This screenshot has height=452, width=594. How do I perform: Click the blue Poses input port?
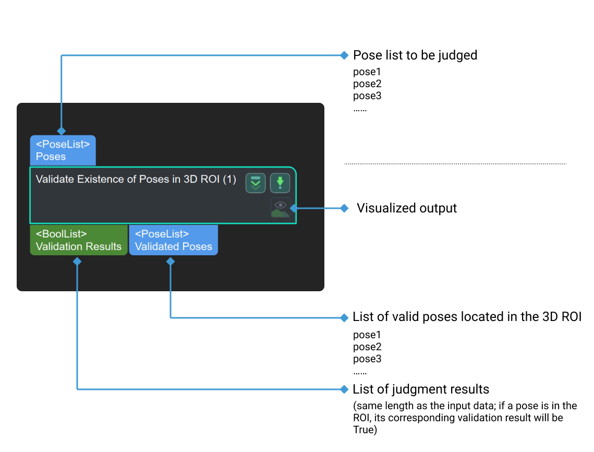63,151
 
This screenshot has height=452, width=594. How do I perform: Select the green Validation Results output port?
78,240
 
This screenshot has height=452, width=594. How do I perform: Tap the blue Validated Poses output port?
173,240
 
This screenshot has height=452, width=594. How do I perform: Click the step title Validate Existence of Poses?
136,180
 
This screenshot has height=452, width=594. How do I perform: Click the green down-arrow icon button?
280,183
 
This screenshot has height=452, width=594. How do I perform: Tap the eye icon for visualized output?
280,207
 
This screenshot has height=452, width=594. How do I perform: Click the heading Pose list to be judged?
415,55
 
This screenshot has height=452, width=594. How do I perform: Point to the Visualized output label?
407,208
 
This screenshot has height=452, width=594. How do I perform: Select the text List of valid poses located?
467,317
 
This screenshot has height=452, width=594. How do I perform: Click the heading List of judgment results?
421,389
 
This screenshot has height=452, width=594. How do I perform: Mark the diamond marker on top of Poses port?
62,130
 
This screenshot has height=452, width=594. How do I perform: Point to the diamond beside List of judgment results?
344,389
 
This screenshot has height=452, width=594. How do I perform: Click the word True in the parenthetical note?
364,430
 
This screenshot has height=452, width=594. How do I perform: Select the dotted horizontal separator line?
455,164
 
